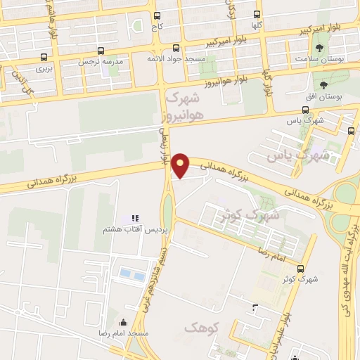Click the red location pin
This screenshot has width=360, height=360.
click(x=181, y=165)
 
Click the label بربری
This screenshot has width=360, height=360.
click(x=44, y=70)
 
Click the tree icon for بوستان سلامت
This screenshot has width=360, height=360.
click(x=321, y=48)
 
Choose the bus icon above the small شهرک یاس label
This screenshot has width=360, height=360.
click(x=304, y=110)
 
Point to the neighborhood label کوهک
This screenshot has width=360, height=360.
click(x=202, y=328)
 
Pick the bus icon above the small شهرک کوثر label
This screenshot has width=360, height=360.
click(x=301, y=269)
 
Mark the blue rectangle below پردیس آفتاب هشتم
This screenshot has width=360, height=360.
click(x=127, y=273)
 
